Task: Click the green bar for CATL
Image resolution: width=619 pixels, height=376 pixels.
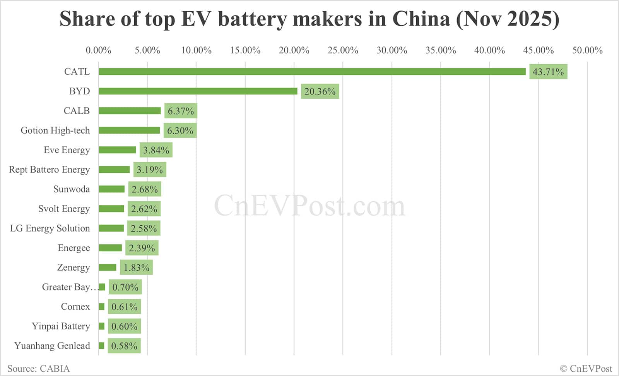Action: [x=312, y=72]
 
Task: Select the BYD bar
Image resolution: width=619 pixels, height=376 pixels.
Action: [x=198, y=91]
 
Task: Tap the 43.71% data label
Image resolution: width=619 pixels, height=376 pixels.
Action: [x=548, y=72]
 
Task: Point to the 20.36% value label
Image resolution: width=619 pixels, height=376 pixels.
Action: [x=320, y=91]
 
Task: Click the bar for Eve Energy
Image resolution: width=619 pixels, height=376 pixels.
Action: [x=117, y=150]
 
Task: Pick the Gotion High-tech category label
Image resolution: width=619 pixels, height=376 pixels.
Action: [x=55, y=130]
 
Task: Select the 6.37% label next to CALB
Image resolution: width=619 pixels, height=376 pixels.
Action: [x=181, y=111]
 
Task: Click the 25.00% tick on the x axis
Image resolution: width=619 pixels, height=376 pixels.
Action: [x=343, y=50]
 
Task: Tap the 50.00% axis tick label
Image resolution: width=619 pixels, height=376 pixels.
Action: [x=587, y=50]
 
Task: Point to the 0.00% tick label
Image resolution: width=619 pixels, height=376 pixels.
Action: [x=98, y=50]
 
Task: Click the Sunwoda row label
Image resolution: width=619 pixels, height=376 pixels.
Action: [x=72, y=189]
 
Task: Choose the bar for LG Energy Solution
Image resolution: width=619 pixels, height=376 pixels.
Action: [x=111, y=228]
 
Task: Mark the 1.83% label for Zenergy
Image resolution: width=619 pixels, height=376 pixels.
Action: [x=137, y=268]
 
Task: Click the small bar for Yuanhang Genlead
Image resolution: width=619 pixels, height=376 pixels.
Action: [x=101, y=346]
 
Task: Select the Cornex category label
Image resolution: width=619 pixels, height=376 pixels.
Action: [x=75, y=307]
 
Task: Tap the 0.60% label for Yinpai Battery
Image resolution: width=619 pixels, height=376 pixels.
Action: [x=124, y=326]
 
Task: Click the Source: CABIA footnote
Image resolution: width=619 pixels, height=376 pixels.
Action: [x=39, y=368]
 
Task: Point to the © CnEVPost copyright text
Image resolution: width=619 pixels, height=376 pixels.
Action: [x=586, y=368]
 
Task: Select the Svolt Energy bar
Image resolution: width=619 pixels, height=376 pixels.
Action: [x=111, y=209]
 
